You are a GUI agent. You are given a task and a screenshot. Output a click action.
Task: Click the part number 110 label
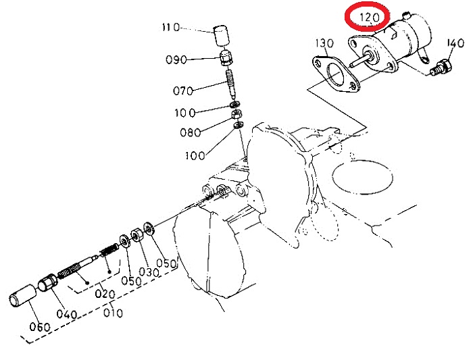(171, 28)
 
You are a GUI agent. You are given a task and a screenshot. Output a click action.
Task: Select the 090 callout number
(176, 59)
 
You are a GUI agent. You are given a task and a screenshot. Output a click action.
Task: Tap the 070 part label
(183, 91)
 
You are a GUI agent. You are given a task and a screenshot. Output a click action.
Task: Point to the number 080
(191, 132)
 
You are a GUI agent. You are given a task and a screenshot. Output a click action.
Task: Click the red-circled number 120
(369, 18)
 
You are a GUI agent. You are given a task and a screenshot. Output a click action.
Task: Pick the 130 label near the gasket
(324, 43)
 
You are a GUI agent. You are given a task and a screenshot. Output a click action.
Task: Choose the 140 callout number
(455, 43)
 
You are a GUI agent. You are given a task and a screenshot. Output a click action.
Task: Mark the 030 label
(149, 272)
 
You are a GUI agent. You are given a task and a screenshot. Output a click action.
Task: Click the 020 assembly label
(105, 294)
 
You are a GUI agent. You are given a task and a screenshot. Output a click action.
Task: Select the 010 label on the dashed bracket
(113, 313)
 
